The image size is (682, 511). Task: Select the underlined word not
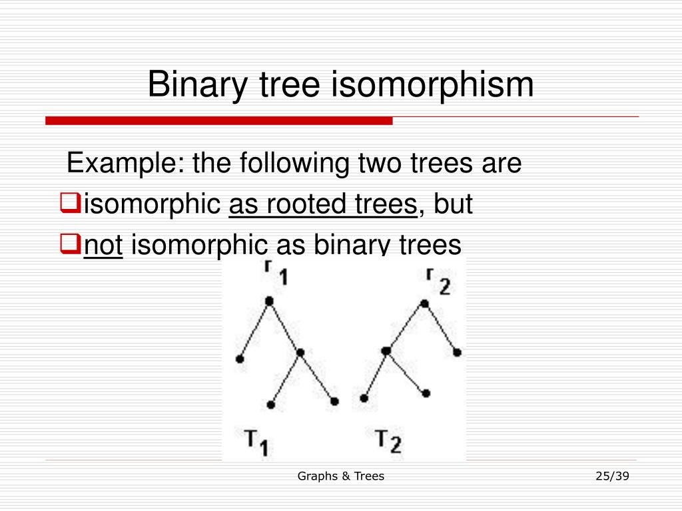103,246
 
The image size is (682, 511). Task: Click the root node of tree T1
269,301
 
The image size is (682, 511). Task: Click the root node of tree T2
424,304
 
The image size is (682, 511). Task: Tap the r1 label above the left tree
274,273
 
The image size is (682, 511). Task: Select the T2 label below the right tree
388,440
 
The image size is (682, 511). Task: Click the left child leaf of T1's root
240,359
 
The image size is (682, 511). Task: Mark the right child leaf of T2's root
457,353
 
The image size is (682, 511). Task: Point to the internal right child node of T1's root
300,353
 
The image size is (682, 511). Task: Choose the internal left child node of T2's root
386,351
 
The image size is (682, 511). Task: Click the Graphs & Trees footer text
340,476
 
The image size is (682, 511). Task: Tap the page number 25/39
612,476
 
